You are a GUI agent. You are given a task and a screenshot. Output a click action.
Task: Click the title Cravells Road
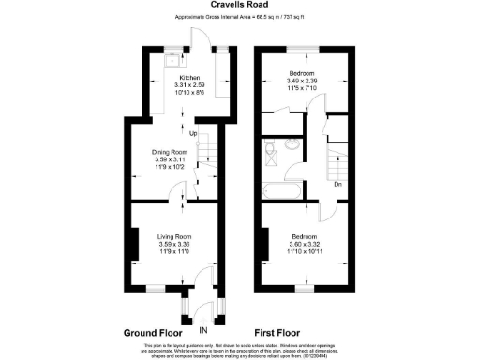pyautogui.click(x=241, y=6)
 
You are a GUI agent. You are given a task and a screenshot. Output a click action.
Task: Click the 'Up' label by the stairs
pyautogui.click(x=193, y=134)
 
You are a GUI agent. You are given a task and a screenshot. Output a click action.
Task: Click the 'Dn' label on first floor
pyautogui.click(x=338, y=185)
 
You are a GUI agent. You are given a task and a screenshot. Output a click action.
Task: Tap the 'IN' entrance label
pyautogui.click(x=202, y=330)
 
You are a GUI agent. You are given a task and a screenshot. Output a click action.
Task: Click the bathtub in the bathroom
pyautogui.click(x=281, y=190)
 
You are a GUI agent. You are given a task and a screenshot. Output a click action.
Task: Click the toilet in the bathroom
pyautogui.click(x=270, y=149)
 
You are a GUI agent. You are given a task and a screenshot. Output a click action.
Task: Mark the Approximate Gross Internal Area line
pyautogui.click(x=240, y=18)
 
